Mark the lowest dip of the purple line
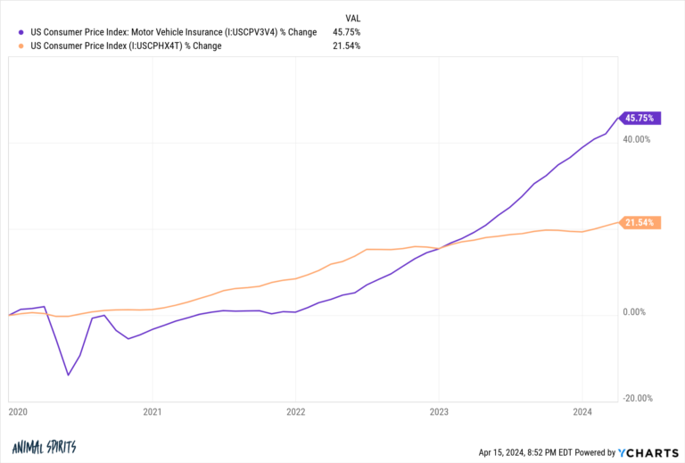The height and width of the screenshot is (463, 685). point(69,375)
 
